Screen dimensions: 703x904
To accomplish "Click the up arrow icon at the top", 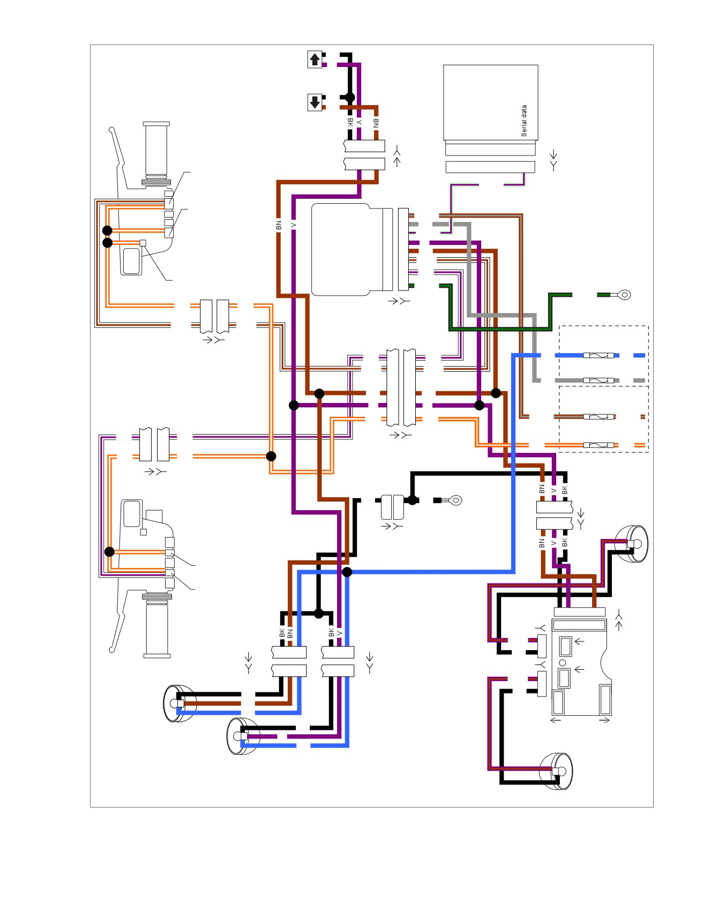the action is [315, 59].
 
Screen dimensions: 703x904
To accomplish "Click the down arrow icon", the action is [315, 102].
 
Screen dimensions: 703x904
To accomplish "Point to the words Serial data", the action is [524, 121].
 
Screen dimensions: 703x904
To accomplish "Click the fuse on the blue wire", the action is [598, 355].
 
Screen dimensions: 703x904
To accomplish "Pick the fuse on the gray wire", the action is [598, 380].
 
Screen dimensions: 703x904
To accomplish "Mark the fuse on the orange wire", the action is [598, 445].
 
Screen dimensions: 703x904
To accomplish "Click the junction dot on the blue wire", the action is [347, 572].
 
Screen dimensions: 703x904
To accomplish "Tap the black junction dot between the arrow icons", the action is [349, 97].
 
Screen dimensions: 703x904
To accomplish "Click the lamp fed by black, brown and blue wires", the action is [178, 704].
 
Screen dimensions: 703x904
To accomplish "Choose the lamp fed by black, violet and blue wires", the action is [243, 736].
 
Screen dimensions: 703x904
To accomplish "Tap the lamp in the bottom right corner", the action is [557, 772].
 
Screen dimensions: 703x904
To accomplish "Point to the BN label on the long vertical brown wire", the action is [279, 225].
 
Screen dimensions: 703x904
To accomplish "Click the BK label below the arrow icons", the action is [350, 122].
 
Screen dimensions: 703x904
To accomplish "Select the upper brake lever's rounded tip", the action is [111, 130].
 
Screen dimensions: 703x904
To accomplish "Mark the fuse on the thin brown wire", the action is [598, 417].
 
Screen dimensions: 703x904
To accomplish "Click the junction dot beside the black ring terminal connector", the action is [412, 500].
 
